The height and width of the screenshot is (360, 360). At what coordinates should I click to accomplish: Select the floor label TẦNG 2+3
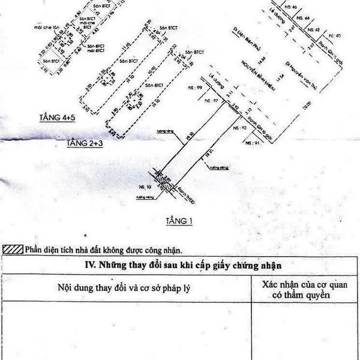tap(82, 143)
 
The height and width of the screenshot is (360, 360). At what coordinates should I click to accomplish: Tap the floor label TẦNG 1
tap(179, 221)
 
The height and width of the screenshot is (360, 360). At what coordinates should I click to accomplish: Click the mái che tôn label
tap(47, 27)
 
